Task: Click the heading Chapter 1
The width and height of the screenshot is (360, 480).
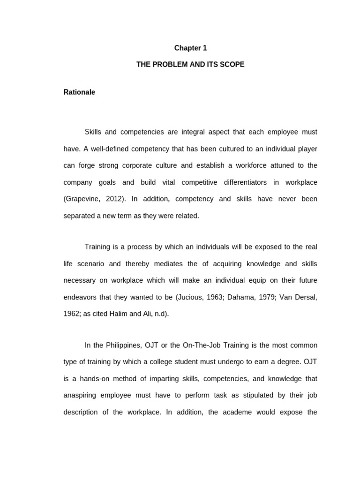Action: [x=190, y=48]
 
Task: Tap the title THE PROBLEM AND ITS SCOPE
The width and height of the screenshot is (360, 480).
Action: [x=190, y=65]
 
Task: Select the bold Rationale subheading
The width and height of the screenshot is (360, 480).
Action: [x=79, y=92]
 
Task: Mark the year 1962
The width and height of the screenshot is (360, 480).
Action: [x=72, y=314]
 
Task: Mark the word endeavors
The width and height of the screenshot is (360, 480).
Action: [x=81, y=297]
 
